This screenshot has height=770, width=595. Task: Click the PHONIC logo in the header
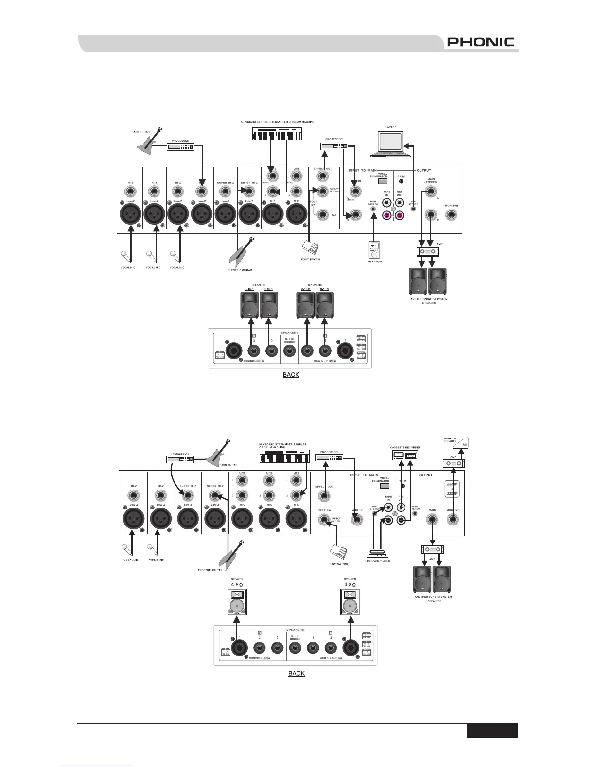pyautogui.click(x=481, y=42)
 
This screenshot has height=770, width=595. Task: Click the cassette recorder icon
pyautogui.click(x=405, y=455)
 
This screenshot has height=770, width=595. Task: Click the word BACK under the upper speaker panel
pyautogui.click(x=291, y=375)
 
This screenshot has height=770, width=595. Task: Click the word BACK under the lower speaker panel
pyautogui.click(x=297, y=673)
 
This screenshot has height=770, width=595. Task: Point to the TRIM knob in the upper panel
pyautogui.click(x=401, y=182)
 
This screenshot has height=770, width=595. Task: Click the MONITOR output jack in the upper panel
pyautogui.click(x=452, y=215)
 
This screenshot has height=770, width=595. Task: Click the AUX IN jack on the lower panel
pyautogui.click(x=357, y=520)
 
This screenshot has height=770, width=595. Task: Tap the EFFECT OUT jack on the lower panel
pyautogui.click(x=324, y=496)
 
